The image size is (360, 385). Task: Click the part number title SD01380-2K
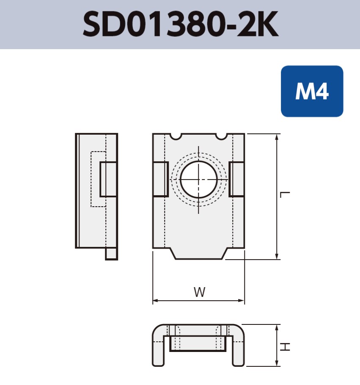(x=180, y=24)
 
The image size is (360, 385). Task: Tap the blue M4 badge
(x=312, y=91)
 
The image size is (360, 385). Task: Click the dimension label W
(x=199, y=292)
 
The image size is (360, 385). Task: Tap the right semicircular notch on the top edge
(x=221, y=136)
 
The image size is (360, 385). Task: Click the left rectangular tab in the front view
(x=160, y=179)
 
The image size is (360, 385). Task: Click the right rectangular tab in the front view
(x=236, y=179)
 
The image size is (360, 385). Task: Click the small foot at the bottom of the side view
(x=112, y=253)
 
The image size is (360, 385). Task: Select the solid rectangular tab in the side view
(x=108, y=179)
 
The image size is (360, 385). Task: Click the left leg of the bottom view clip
(x=158, y=349)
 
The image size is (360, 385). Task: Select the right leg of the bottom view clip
(x=238, y=349)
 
